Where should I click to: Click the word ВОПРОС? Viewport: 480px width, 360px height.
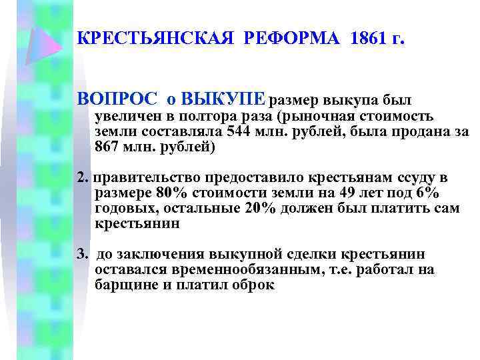[x=117, y=100]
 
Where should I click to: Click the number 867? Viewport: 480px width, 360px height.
[x=108, y=147]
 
